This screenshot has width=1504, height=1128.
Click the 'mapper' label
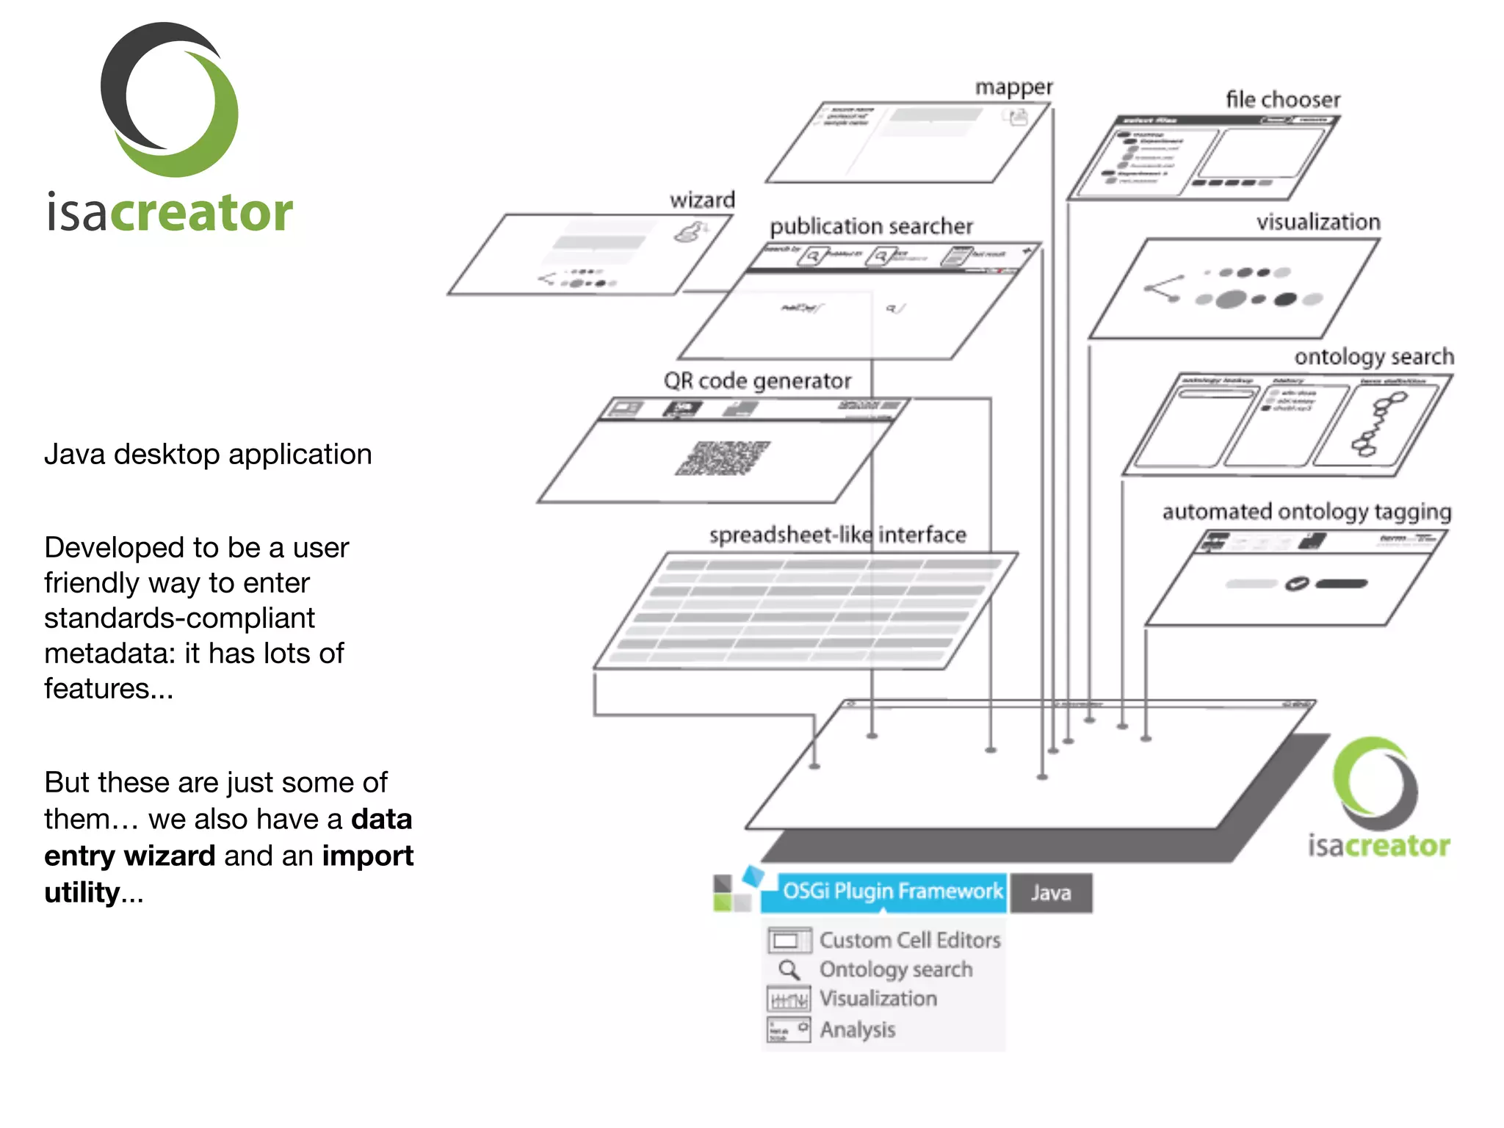point(1013,87)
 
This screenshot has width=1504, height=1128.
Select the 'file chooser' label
point(1282,99)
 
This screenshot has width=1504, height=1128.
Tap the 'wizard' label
point(702,200)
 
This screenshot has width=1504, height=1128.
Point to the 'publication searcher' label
point(871,226)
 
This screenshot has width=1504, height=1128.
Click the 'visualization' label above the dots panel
point(1318,222)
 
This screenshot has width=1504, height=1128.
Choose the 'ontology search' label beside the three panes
point(1373,357)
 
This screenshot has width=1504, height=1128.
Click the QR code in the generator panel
point(723,458)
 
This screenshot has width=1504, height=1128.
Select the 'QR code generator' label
point(757,381)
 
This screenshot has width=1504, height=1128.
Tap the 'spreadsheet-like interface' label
point(837,535)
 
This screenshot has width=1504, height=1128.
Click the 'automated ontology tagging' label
point(1306,511)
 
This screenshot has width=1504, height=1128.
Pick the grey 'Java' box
point(1051,893)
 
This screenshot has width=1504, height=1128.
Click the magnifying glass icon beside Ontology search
point(789,970)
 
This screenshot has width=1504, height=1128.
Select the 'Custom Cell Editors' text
point(910,940)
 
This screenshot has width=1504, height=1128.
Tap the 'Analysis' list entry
point(858,1030)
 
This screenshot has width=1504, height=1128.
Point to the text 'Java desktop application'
point(208,455)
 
